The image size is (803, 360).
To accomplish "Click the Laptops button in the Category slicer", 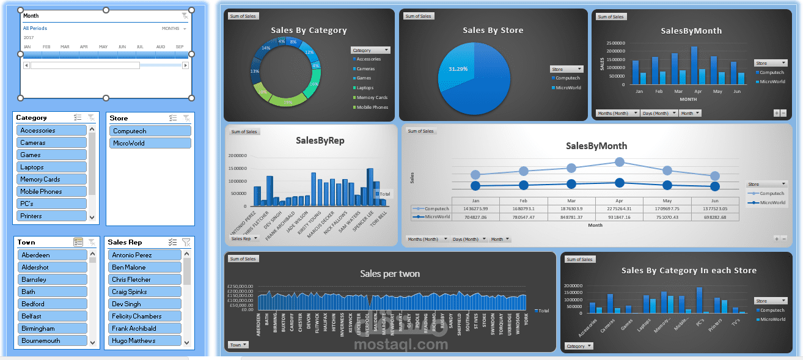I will (52, 167).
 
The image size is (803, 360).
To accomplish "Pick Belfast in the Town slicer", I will (52, 316).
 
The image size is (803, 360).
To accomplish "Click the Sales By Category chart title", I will (309, 30).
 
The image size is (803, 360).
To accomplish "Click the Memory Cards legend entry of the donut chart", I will (372, 98).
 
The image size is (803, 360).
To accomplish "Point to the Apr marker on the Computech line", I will (620, 162).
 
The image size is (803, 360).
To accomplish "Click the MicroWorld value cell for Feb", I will (524, 216).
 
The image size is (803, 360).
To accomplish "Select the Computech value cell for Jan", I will (475, 208).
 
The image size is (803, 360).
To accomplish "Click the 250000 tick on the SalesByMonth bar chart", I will (615, 43).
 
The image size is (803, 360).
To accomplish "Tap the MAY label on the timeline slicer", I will (103, 46).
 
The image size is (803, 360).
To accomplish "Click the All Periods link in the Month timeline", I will (35, 28).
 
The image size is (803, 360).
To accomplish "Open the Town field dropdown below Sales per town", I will (238, 345).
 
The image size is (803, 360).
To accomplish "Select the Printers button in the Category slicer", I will (52, 216).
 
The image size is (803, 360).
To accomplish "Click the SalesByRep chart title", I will (320, 141).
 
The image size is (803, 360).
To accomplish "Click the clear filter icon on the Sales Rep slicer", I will (186, 242).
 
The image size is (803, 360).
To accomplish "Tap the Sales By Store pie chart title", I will (493, 30).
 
